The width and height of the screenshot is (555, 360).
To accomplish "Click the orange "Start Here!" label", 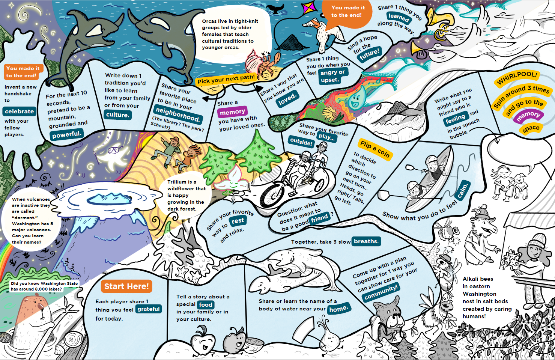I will pos(126,286).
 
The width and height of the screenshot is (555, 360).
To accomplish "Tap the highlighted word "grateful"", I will pos(148,309).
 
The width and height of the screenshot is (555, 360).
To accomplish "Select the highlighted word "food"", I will pos(206,304).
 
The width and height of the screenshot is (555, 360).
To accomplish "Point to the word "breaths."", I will pos(366,241).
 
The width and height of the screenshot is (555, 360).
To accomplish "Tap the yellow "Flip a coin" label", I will pos(375,149).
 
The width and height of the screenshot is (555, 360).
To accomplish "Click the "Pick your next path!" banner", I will pos(226,79).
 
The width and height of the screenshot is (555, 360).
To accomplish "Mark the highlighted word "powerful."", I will pos(66,134).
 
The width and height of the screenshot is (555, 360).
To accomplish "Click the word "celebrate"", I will pos(20,111).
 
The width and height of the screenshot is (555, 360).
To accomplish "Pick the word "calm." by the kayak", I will pos(463,190).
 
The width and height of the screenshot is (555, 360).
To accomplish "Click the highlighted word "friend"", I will pos(319,218).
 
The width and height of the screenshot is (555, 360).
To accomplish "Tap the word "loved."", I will pos(287,99).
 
